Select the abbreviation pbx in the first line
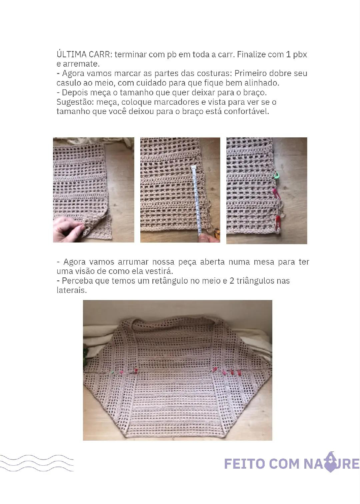(300, 54)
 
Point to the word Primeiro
(250, 73)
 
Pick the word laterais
(71, 290)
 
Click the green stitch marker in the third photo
(275, 175)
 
